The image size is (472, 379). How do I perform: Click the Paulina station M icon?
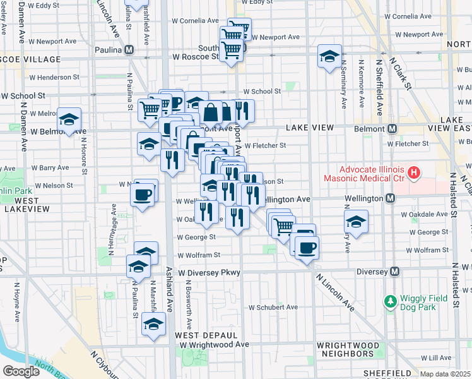(129, 50)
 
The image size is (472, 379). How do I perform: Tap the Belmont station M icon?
(392, 128)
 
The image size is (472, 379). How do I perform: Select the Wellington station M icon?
(391, 199)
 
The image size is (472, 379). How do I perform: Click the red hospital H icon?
(414, 172)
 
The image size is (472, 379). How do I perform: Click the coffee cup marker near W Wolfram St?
(307, 248)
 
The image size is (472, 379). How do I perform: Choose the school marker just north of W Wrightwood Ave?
(153, 323)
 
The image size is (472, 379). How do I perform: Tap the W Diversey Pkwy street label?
(209, 273)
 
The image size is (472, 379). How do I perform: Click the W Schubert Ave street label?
(272, 308)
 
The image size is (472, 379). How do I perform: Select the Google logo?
(20, 371)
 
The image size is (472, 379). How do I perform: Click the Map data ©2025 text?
(445, 375)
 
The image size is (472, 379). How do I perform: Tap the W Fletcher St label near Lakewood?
(266, 145)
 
